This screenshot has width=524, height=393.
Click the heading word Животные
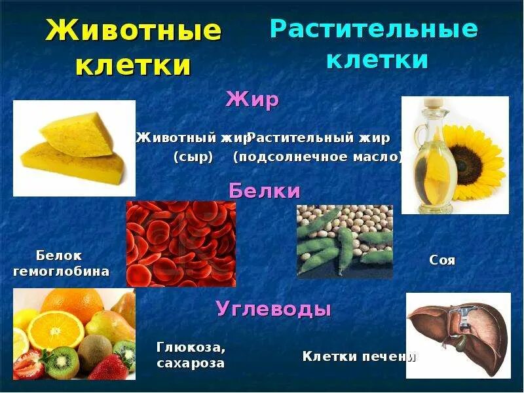point(134,31)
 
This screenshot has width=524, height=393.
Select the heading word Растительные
point(374,29)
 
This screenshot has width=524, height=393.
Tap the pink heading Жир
point(252,100)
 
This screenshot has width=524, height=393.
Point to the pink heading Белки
point(264,191)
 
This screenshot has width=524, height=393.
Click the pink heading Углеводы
point(273,309)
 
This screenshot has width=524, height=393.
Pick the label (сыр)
point(194,157)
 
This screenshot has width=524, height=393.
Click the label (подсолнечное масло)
point(318,157)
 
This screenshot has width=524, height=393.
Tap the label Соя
point(442,260)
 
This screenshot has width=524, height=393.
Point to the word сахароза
point(191,363)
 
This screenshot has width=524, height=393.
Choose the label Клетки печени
point(359,356)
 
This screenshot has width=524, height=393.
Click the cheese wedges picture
point(74,148)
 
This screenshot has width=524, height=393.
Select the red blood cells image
point(181,244)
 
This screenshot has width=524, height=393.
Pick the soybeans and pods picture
point(345,242)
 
